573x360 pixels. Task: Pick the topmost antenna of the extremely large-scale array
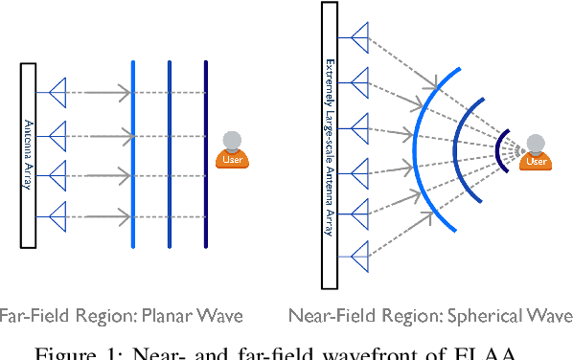pyautogui.click(x=359, y=39)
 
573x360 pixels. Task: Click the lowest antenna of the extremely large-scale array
pyautogui.click(x=359, y=255)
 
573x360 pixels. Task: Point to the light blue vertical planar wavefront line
pyautogui.click(x=133, y=153)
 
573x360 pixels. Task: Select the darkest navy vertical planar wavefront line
pyautogui.click(x=206, y=153)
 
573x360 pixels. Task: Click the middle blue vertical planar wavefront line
pyautogui.click(x=170, y=153)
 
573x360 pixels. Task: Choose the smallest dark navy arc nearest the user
pyautogui.click(x=499, y=149)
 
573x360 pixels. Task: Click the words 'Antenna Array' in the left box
pyautogui.click(x=28, y=153)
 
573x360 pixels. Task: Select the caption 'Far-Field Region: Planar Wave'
pyautogui.click(x=122, y=315)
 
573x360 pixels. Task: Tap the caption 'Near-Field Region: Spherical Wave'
pyautogui.click(x=430, y=315)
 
